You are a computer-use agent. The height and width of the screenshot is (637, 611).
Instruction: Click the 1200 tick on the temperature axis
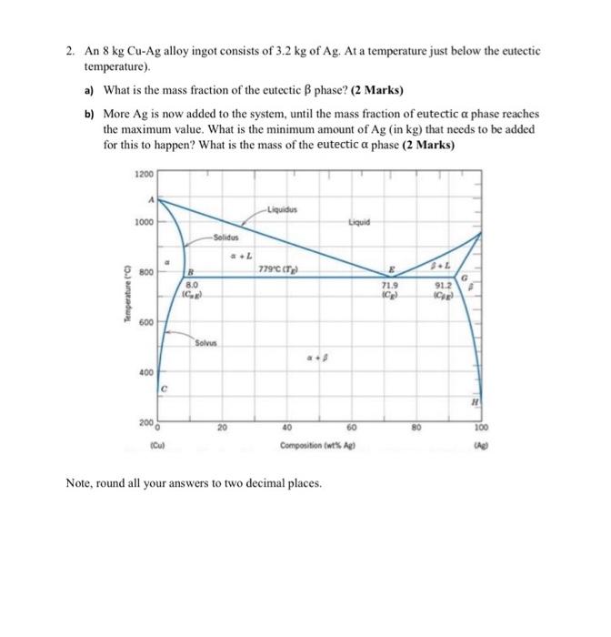click(x=144, y=174)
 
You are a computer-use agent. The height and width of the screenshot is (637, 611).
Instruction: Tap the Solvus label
click(x=205, y=342)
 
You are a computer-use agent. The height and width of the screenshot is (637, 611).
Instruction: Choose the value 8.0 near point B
click(x=192, y=285)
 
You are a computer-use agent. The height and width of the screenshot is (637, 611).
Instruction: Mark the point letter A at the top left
click(x=151, y=201)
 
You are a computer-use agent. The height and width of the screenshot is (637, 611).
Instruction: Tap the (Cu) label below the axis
click(x=157, y=445)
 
